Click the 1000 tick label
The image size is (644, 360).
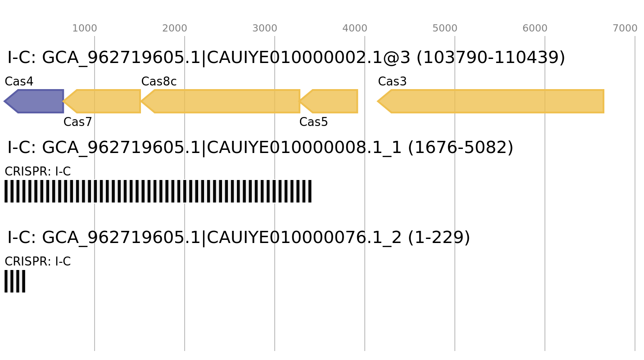pyautogui.click(x=84, y=28)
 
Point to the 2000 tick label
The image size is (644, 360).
pyautogui.click(x=174, y=28)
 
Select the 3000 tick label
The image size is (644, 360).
pyautogui.click(x=264, y=28)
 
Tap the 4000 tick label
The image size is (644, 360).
pyautogui.click(x=354, y=28)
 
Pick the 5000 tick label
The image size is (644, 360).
pyautogui.click(x=444, y=28)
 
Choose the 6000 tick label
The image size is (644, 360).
pyautogui.click(x=535, y=28)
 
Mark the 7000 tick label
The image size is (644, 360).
pyautogui.click(x=625, y=28)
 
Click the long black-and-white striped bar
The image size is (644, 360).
pyautogui.click(x=158, y=191)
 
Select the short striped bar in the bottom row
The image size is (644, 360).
pyautogui.click(x=15, y=281)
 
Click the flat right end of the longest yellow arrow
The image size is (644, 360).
pyautogui.click(x=603, y=101)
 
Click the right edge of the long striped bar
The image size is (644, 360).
pyautogui.click(x=312, y=191)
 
